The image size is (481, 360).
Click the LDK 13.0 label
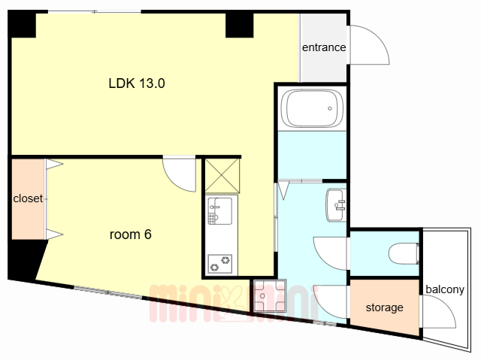137,83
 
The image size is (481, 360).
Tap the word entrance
324,47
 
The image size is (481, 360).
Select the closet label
28,198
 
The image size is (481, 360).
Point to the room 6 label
131,234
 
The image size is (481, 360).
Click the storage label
384,307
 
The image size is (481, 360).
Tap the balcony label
445,289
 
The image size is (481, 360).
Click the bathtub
313,108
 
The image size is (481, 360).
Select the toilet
404,253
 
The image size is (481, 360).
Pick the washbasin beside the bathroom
336,205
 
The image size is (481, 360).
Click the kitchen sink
220,211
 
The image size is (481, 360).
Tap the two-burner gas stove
219,264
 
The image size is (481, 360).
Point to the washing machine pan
270,295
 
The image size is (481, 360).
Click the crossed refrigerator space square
222,176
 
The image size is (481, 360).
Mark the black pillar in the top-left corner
22,24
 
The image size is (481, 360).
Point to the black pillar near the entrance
240,25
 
